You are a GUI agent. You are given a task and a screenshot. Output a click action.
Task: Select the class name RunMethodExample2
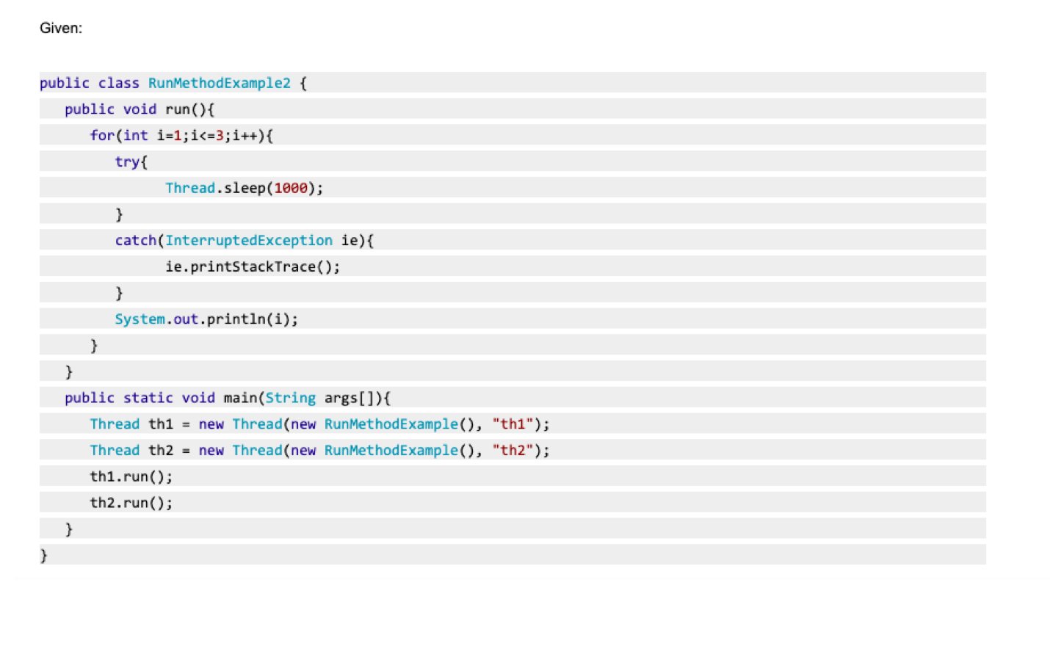(220, 83)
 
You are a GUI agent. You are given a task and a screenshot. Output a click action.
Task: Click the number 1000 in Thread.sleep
(291, 188)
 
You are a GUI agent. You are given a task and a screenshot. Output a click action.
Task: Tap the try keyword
(127, 161)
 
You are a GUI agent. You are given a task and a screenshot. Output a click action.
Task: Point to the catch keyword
(136, 241)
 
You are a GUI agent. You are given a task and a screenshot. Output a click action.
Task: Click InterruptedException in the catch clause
(249, 241)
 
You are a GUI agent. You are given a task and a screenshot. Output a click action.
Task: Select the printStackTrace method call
(253, 266)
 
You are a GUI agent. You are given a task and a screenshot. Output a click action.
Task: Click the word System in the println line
(140, 319)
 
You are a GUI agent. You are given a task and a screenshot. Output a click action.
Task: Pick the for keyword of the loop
(102, 136)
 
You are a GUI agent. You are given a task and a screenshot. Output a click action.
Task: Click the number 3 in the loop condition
(220, 136)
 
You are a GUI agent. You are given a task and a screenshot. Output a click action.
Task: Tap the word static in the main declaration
(148, 398)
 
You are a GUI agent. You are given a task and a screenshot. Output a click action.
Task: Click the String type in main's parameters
(291, 398)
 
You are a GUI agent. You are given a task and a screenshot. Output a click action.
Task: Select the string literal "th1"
(513, 424)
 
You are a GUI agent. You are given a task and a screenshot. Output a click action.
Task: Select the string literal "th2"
(513, 450)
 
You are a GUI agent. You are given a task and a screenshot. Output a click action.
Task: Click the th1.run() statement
(131, 476)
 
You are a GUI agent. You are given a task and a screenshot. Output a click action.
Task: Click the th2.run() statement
(131, 503)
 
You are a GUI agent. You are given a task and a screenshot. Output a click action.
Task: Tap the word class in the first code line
(119, 83)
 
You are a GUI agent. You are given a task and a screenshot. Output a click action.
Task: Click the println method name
(236, 319)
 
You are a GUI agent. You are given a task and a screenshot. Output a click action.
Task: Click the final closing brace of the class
(43, 556)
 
